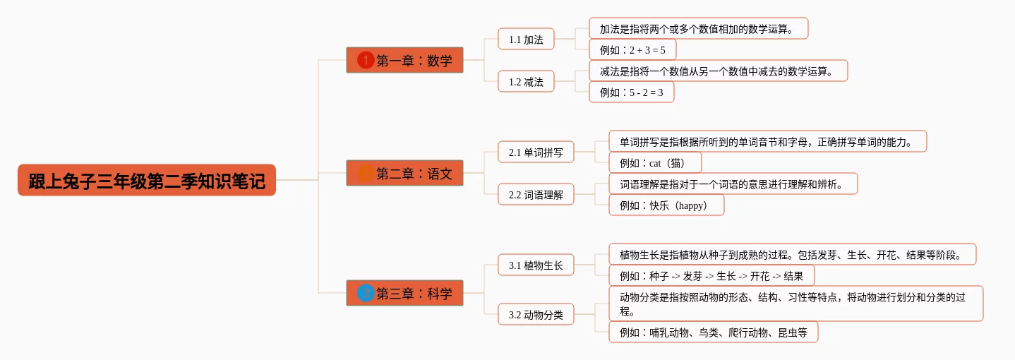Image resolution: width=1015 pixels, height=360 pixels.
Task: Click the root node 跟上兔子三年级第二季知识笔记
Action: pyautogui.click(x=147, y=180)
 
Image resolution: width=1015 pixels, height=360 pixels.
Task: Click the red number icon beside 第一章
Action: pyautogui.click(x=366, y=60)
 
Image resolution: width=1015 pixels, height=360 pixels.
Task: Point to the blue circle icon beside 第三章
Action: pyautogui.click(x=366, y=293)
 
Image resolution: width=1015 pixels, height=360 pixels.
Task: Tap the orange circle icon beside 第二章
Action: pyautogui.click(x=366, y=173)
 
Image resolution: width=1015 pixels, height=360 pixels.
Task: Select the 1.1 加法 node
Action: pyautogui.click(x=526, y=39)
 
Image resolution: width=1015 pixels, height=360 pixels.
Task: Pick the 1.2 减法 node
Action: pyautogui.click(x=526, y=81)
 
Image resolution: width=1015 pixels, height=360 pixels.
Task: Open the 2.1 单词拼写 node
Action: pyautogui.click(x=536, y=152)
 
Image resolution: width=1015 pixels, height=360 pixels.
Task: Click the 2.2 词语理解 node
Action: pyautogui.click(x=536, y=194)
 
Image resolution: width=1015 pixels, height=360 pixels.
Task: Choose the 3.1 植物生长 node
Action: pyautogui.click(x=536, y=265)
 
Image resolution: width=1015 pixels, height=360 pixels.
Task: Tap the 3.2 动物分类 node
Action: pyautogui.click(x=536, y=314)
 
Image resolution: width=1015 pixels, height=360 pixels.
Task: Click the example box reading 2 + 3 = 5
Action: pyautogui.click(x=632, y=49)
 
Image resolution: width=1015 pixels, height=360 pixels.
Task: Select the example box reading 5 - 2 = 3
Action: pyautogui.click(x=631, y=92)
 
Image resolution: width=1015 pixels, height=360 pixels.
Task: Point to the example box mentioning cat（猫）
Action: pyautogui.click(x=655, y=162)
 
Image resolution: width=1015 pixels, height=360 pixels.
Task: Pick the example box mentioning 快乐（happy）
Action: pyautogui.click(x=666, y=205)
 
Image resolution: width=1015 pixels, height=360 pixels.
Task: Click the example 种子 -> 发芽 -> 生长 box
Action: pyautogui.click(x=711, y=275)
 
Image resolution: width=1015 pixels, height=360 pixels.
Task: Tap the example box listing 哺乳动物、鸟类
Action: pyautogui.click(x=713, y=332)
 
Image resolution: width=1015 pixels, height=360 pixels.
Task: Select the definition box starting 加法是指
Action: pyautogui.click(x=698, y=28)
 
